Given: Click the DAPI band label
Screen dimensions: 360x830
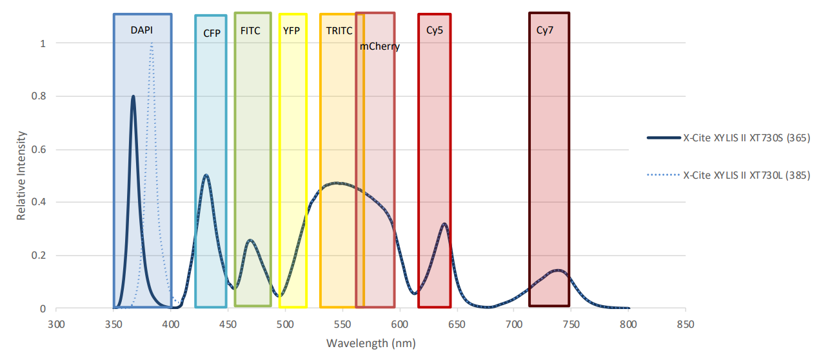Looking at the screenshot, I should tap(142, 30).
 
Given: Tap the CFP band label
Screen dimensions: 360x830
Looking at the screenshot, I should tap(212, 34).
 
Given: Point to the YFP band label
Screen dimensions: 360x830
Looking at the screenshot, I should tap(291, 30).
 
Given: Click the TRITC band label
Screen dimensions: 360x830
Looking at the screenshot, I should tap(339, 30).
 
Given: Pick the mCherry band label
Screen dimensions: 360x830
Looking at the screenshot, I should tap(379, 46).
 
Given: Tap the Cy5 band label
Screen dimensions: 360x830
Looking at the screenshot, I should tap(435, 30).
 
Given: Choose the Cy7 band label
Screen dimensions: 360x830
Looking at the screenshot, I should tap(545, 30).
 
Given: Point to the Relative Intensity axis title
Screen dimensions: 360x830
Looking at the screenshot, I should tap(21, 175).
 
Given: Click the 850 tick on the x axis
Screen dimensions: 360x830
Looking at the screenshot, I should tap(685, 323).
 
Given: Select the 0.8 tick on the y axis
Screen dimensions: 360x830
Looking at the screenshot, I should tap(40, 96).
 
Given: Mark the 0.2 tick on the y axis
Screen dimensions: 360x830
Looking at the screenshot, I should tap(40, 255).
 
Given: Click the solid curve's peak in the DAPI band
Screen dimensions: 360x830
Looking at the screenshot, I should tap(133, 97).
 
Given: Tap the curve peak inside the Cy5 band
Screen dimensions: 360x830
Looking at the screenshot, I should tap(444, 224).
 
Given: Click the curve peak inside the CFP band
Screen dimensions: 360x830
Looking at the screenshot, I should tap(206, 175).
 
